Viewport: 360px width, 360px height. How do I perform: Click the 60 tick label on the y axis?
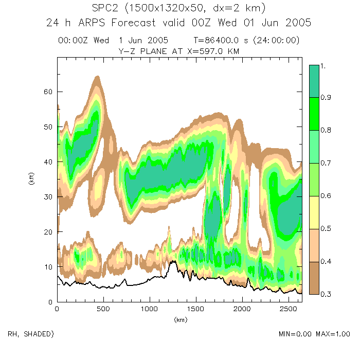47,92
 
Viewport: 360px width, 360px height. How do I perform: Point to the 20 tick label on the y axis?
47,232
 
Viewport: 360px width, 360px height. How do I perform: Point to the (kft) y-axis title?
32,180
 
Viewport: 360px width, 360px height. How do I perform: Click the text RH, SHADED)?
30,334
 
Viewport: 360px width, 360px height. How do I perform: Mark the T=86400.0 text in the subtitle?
216,40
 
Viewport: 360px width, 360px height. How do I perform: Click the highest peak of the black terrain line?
174,261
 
